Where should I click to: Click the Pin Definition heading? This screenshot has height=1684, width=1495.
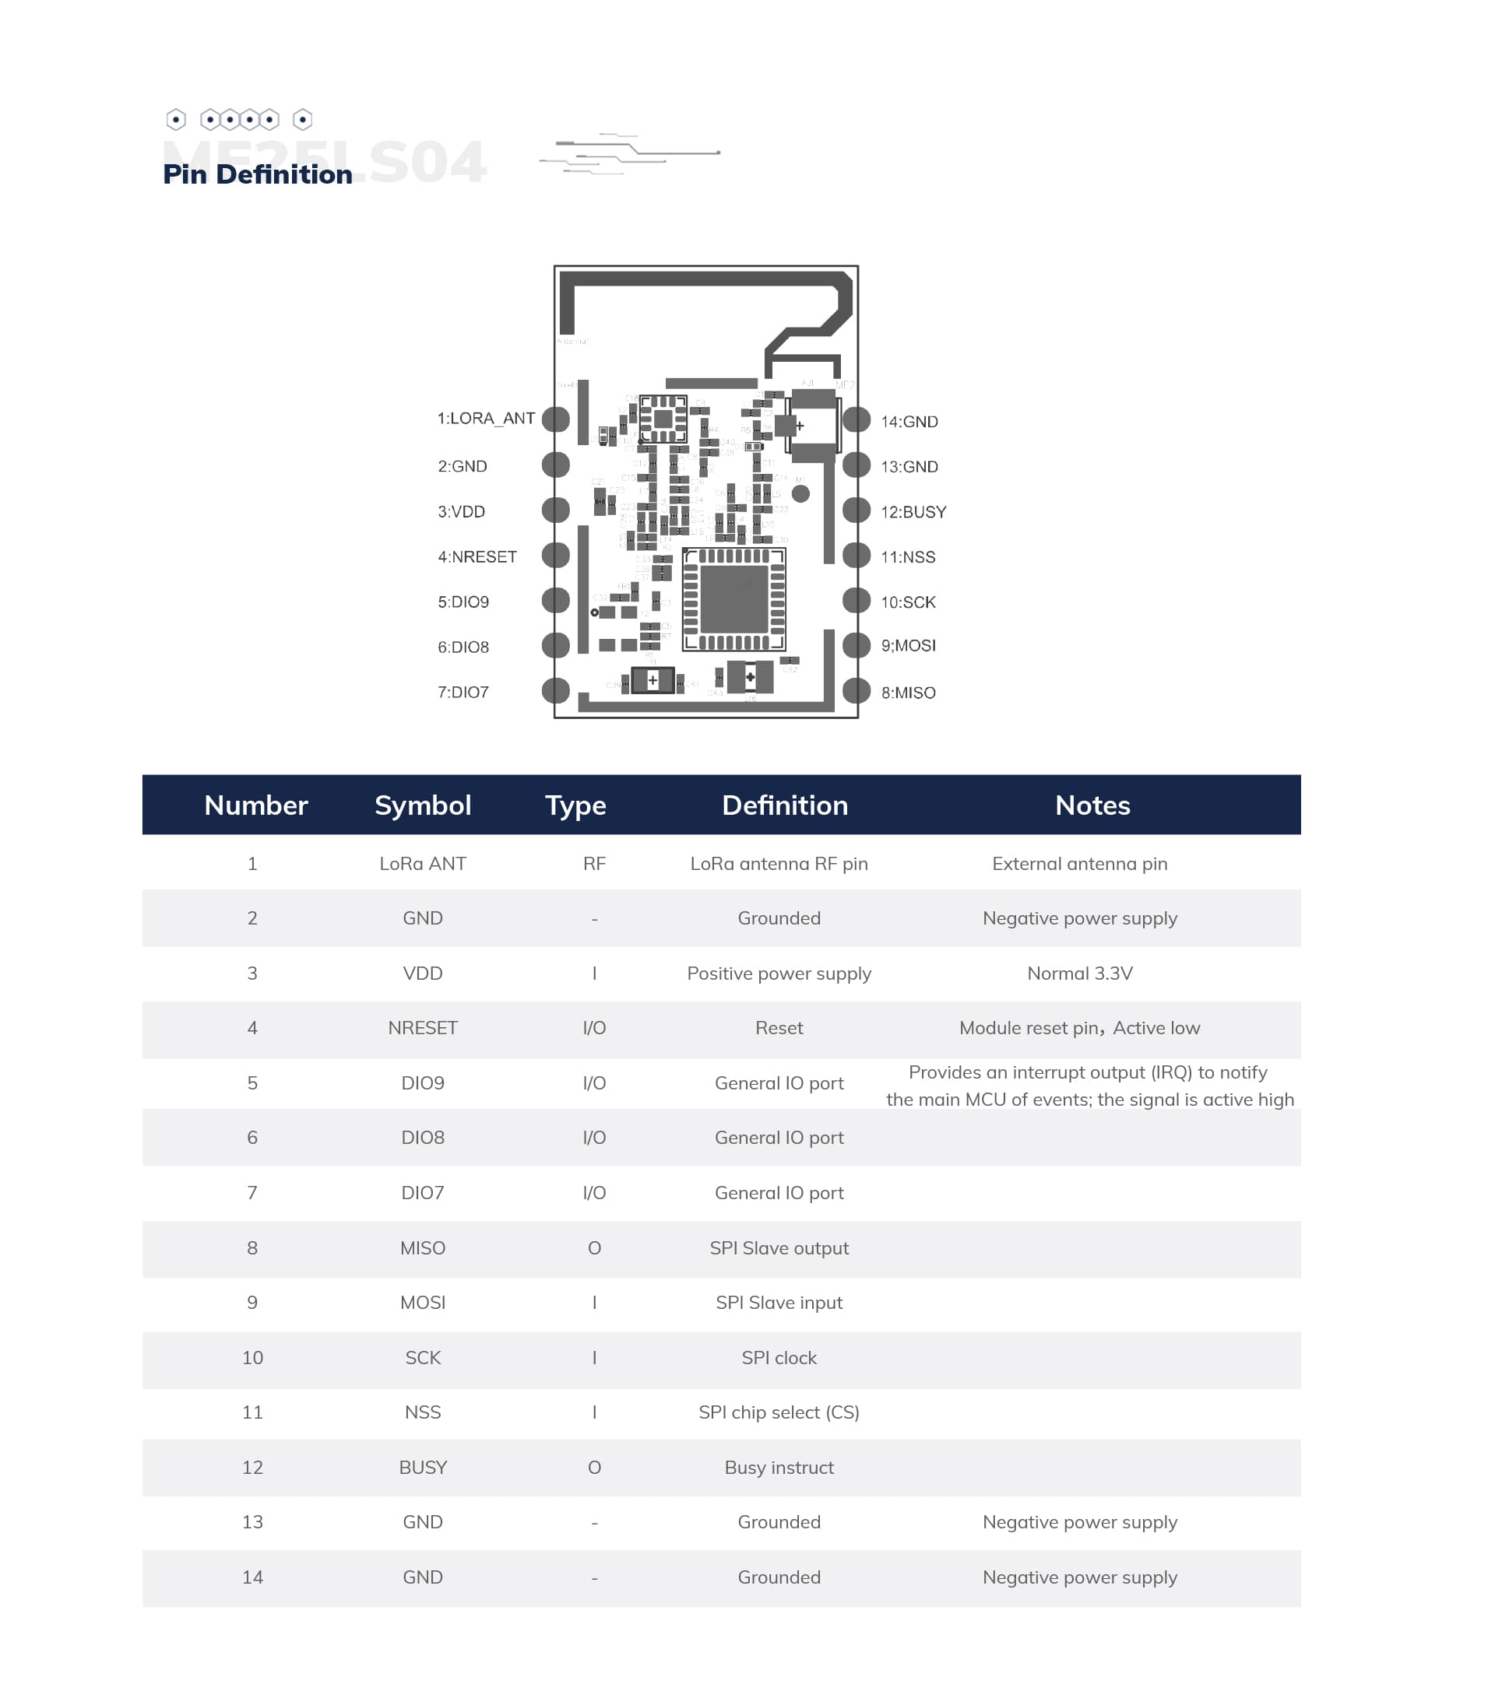257,174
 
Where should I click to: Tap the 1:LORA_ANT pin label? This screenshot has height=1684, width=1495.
485,419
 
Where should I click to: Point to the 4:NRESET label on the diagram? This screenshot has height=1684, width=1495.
477,557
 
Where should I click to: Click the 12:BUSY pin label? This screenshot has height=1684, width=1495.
913,513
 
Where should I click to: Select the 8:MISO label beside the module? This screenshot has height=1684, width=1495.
908,693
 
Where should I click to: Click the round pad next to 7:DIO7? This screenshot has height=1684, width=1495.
556,690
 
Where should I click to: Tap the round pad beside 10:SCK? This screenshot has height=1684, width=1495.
857,601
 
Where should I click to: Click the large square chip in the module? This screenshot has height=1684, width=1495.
733,599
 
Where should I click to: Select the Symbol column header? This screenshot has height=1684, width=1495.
423,805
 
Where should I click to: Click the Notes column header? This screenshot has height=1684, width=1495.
1092,805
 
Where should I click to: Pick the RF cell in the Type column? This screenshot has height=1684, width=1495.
594,864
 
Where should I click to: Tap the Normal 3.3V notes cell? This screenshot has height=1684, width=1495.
1080,973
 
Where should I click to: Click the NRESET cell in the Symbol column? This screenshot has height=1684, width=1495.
423,1027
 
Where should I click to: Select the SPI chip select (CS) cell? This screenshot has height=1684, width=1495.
779,1412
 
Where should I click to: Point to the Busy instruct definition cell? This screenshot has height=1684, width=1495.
779,1468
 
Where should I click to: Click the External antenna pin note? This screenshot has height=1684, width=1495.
1080,864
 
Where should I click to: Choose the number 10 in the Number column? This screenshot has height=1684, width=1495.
252,1358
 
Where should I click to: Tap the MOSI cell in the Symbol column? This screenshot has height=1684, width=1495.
423,1303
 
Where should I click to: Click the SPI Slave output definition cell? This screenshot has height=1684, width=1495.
779,1248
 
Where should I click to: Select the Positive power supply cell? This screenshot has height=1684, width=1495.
779,973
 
